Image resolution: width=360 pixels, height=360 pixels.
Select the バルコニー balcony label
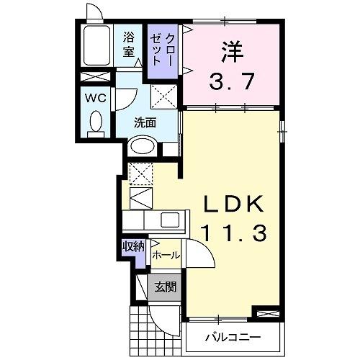(x=232, y=336)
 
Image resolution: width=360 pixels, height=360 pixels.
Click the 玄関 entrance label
(x=165, y=287)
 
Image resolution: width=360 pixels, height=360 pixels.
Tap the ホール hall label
(x=166, y=255)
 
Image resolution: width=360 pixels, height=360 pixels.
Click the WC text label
(x=96, y=97)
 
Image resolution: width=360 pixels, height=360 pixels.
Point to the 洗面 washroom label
(x=145, y=122)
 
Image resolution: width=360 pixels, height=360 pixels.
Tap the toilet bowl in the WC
(x=96, y=123)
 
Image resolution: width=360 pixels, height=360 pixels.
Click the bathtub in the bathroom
(x=95, y=48)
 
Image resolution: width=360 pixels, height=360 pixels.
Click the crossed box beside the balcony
(x=264, y=314)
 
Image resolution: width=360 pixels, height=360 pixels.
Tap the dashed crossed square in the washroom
(x=164, y=94)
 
